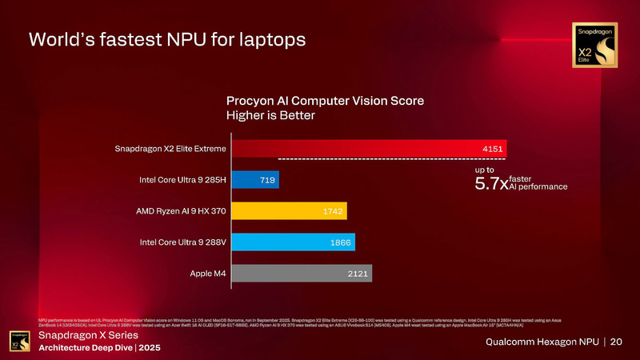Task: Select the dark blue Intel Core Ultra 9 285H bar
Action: (x=256, y=180)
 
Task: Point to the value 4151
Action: (x=493, y=149)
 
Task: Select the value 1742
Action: (x=332, y=211)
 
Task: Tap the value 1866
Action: (x=339, y=242)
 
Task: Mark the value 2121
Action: (x=358, y=274)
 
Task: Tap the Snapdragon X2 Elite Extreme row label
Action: (x=170, y=149)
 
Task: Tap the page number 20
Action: (x=616, y=342)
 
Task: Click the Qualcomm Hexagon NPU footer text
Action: (x=542, y=342)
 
